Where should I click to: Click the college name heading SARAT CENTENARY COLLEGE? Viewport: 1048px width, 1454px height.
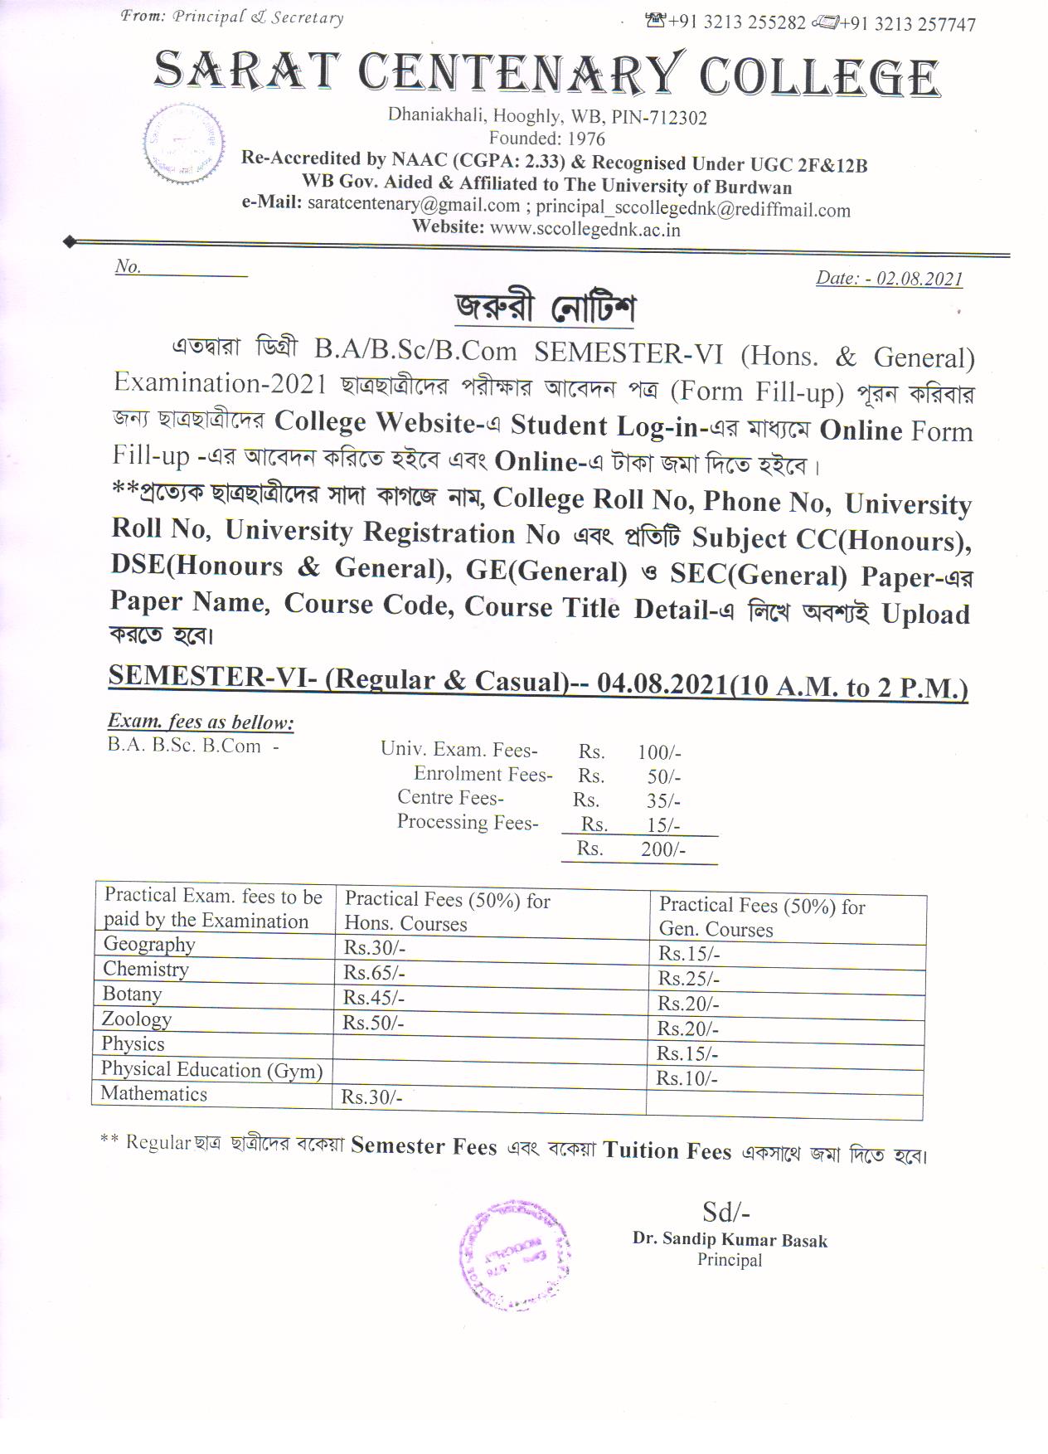coord(546,73)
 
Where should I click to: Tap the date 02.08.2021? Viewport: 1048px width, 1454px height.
coord(919,279)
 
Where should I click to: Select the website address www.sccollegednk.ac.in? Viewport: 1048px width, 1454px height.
coord(585,230)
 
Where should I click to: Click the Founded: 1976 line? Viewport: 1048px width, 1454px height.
coord(546,139)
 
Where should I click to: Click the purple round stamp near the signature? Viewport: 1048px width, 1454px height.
coord(514,1254)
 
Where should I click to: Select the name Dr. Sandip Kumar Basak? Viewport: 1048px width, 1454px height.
coord(730,1240)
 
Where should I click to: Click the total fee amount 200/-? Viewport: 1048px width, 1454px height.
coord(662,849)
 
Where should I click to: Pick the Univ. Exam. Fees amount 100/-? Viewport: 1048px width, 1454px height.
coord(659,752)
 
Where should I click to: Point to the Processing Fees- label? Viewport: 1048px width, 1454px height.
coord(468,822)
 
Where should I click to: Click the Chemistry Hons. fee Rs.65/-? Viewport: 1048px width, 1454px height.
coord(375,972)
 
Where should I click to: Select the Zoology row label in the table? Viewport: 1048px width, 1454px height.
coord(136,1019)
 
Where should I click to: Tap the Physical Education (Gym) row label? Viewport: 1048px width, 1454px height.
coord(211,1070)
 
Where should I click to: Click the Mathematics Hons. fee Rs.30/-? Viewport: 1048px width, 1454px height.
coord(371,1097)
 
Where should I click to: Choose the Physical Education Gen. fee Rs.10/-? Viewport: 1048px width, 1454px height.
coord(687,1078)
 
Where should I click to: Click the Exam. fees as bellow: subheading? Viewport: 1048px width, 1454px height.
coord(201,722)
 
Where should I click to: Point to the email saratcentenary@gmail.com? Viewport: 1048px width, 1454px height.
coord(413,204)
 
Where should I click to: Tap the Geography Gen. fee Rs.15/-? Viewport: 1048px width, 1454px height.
coord(689,954)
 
